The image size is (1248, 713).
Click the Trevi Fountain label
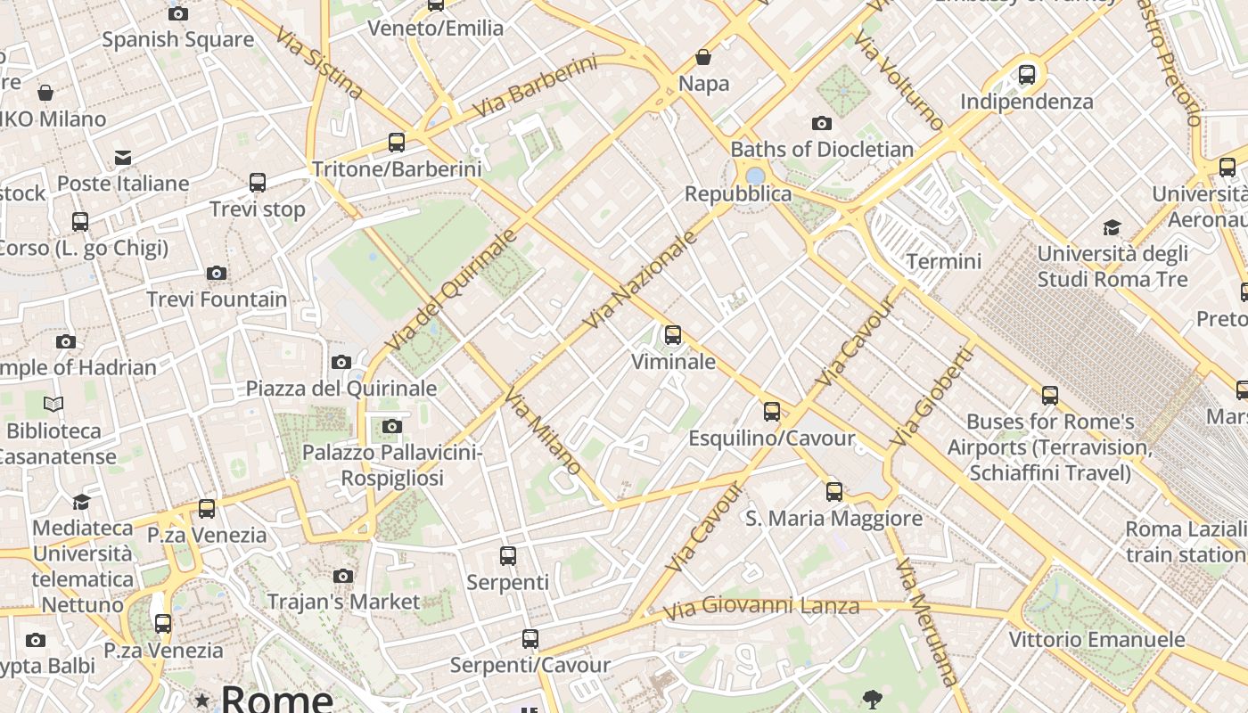tap(217, 299)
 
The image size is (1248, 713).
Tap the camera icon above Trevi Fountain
tap(217, 273)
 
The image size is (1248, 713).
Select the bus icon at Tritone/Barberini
tap(397, 142)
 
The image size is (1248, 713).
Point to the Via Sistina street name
tap(318, 62)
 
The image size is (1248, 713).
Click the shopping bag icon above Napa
tap(703, 58)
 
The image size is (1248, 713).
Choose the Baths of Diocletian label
tap(822, 149)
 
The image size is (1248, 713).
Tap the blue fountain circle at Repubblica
tap(755, 175)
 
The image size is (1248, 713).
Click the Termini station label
tap(943, 261)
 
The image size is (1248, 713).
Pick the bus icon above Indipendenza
tap(1027, 74)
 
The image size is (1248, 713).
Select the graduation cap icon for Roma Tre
tap(1112, 227)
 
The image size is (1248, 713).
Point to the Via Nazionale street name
tap(639, 280)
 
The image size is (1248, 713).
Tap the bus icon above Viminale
tap(673, 335)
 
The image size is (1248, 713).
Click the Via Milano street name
tap(543, 431)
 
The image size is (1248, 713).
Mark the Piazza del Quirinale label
tap(341, 389)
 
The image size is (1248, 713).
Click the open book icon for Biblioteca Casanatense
tap(53, 405)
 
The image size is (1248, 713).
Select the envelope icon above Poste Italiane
tap(123, 158)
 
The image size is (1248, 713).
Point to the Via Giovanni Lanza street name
tap(761, 608)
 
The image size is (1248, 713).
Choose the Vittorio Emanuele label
tap(1096, 639)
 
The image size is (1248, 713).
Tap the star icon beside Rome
tap(202, 701)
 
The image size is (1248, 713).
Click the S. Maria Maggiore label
tap(833, 518)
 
